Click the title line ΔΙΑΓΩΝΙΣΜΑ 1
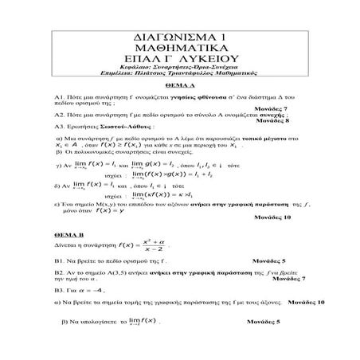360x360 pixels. tap(181, 37)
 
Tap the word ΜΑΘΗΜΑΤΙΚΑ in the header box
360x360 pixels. tap(181, 49)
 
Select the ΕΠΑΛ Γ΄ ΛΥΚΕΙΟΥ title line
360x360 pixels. tap(181, 61)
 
